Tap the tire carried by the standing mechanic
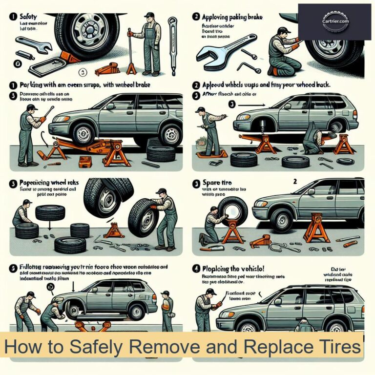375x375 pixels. (x=142, y=217)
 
